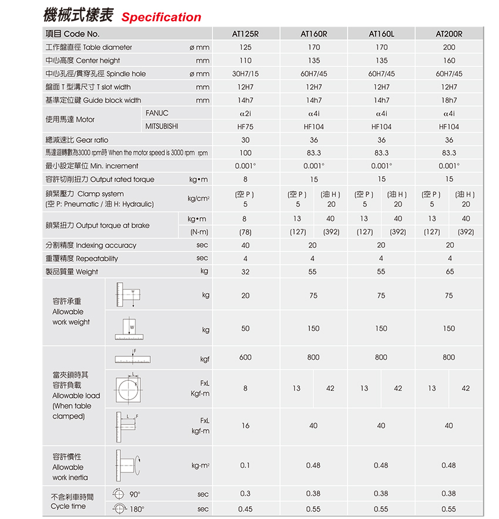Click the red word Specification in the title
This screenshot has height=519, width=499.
click(161, 17)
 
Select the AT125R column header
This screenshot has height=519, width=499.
click(245, 34)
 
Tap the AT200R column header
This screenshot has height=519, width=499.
click(449, 34)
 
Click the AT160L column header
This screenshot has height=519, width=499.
click(381, 34)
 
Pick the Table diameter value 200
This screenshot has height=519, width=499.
click(449, 47)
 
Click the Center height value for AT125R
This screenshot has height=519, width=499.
click(245, 61)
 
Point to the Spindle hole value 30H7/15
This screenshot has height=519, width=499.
click(245, 74)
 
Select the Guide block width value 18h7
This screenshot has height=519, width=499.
click(449, 101)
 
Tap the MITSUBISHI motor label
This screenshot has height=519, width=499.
click(162, 126)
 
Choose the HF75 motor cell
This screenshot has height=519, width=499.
click(245, 126)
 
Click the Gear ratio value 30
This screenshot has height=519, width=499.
click(245, 140)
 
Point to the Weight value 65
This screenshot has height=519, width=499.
click(449, 272)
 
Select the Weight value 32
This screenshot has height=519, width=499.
click(245, 272)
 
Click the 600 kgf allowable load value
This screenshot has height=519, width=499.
click(245, 357)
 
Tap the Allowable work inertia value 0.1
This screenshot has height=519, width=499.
click(245, 466)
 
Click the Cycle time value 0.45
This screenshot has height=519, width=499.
click(245, 509)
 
